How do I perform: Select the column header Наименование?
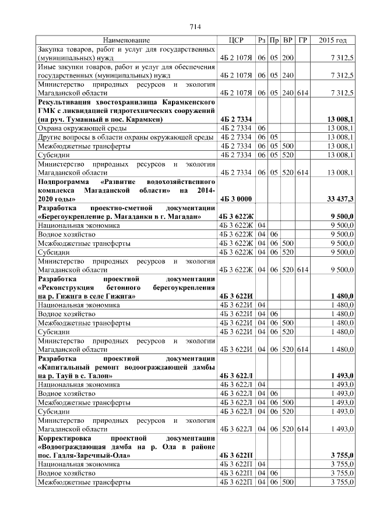(126, 40)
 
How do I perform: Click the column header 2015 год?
(333, 40)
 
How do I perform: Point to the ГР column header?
(302, 40)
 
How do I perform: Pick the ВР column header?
(288, 40)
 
